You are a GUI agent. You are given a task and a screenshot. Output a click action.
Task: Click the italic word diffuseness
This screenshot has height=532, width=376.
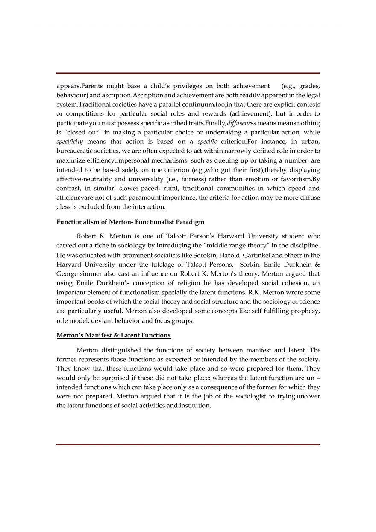coord(241,123)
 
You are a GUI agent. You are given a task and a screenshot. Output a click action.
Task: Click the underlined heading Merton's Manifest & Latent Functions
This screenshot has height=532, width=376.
coord(113,335)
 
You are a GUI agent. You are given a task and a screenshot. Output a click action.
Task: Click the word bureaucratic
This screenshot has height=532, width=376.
coord(74,151)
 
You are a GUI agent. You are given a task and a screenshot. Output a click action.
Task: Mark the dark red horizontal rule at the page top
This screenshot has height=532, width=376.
coord(188,73)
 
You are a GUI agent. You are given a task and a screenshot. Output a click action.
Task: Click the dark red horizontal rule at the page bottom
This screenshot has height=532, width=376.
coord(188,445)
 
